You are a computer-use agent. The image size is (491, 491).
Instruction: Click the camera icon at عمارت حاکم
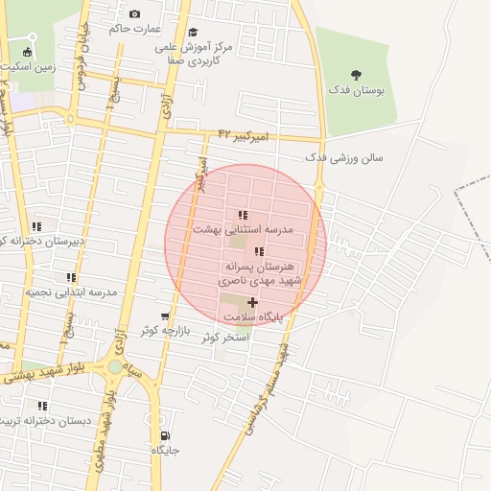134,13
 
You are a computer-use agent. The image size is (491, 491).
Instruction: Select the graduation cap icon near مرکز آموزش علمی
193,33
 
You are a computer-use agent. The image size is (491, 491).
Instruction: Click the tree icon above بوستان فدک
356,75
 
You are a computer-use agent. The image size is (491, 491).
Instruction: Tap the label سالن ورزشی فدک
344,156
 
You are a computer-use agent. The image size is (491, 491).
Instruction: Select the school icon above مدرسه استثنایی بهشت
243,215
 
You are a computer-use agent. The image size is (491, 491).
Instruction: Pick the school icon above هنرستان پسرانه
259,251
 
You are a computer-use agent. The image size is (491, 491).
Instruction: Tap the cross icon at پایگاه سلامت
252,302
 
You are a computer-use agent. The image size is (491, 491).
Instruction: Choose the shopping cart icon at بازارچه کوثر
165,316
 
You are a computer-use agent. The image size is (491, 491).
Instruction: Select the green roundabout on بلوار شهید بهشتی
115,366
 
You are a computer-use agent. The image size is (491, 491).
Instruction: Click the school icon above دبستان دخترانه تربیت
41,406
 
